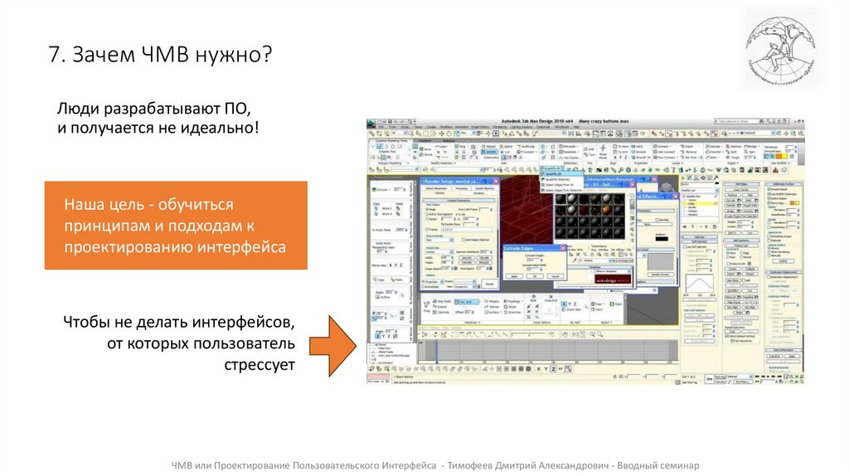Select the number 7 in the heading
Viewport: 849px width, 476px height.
53,56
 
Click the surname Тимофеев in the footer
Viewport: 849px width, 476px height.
473,465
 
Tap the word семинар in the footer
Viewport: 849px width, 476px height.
674,465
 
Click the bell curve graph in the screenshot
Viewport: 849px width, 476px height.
701,286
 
